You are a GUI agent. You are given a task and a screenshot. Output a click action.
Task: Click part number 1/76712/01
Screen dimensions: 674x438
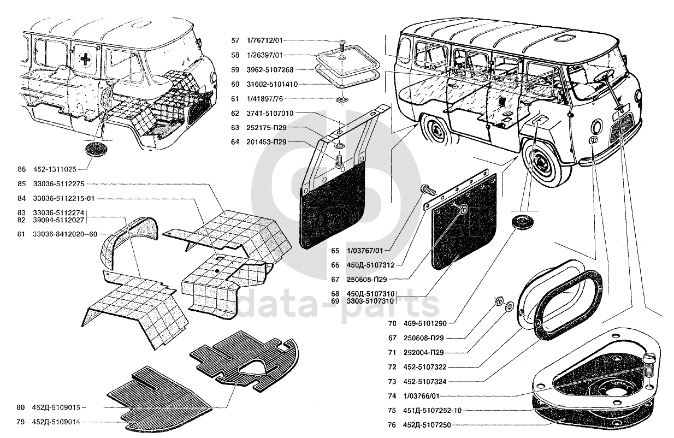coord(264,40)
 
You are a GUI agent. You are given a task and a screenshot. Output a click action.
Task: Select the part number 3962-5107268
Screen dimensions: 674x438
coord(270,70)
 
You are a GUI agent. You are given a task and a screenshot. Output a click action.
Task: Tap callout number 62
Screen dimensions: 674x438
coord(235,114)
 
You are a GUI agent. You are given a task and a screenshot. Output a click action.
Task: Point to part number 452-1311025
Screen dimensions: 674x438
coord(55,169)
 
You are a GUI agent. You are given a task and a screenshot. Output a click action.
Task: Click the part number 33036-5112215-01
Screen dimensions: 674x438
coord(64,199)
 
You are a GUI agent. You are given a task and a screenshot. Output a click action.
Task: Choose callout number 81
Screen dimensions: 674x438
coord(21,234)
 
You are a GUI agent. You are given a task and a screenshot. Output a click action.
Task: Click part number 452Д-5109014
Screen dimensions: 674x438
coord(56,422)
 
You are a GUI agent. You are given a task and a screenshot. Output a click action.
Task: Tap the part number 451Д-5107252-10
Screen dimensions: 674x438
coord(433,410)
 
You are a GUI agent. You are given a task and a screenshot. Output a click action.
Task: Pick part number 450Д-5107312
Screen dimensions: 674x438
coord(371,265)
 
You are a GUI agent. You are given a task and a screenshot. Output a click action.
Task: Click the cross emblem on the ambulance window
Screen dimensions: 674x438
coord(86,58)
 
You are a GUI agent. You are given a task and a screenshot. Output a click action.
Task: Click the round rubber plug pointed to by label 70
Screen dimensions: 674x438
coord(521,223)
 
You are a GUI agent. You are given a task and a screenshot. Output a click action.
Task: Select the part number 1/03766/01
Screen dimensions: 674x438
coord(421,396)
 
